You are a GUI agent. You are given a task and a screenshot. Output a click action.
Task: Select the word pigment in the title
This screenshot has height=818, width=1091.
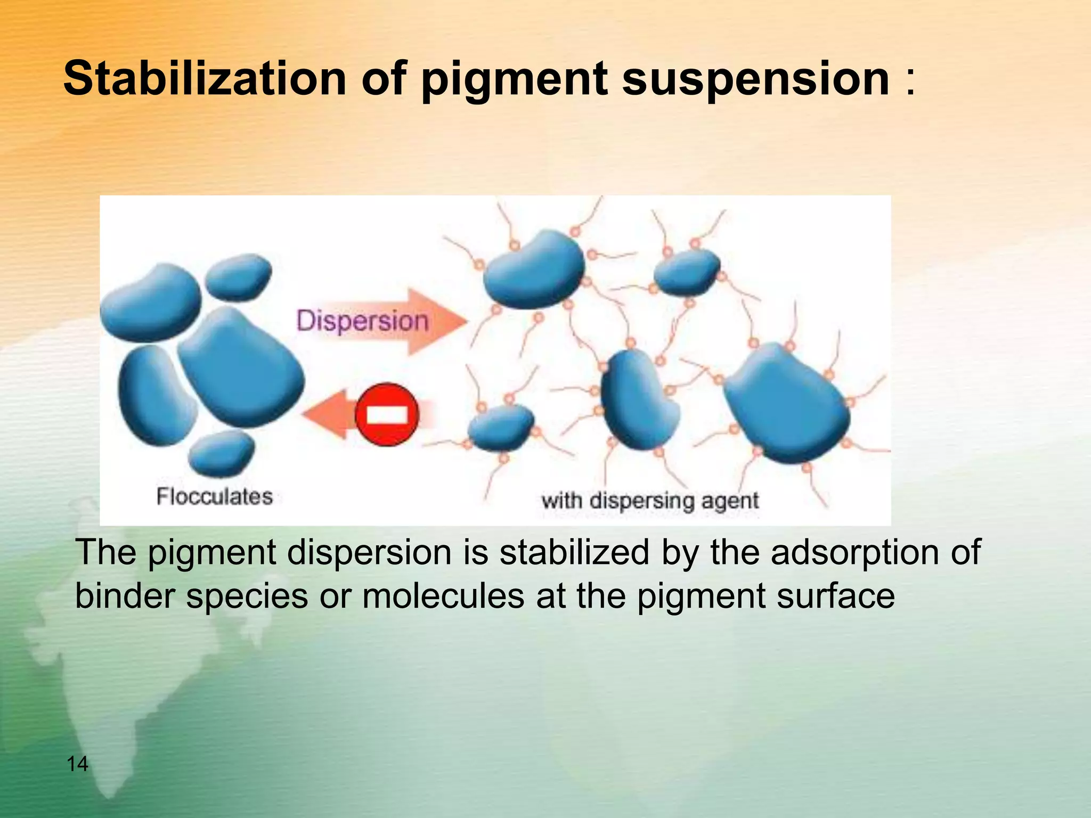pos(515,80)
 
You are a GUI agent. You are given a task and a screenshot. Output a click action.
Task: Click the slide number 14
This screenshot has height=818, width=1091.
pos(77,764)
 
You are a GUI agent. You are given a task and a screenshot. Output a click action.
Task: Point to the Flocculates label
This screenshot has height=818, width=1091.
pos(214,497)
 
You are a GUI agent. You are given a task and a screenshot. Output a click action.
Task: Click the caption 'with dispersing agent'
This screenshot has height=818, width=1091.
pos(650,501)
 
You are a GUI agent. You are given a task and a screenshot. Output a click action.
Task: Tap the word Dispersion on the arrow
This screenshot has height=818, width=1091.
pos(362,321)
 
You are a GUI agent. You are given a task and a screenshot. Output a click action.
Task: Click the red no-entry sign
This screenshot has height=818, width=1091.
pos(387,414)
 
